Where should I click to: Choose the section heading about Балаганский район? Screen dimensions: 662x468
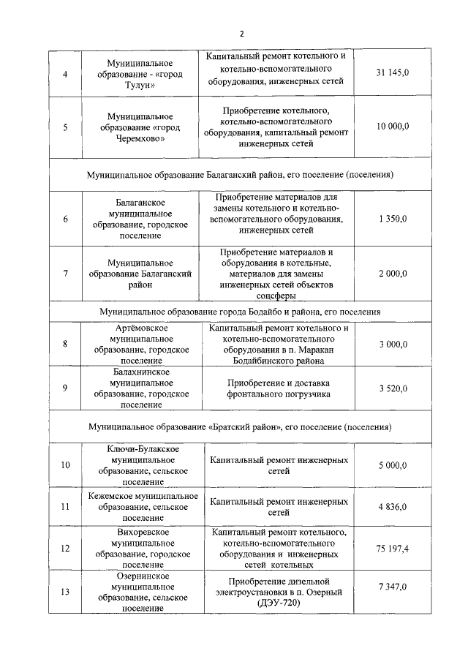tap(241, 176)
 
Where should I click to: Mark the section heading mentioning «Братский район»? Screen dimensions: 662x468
tap(241, 426)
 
